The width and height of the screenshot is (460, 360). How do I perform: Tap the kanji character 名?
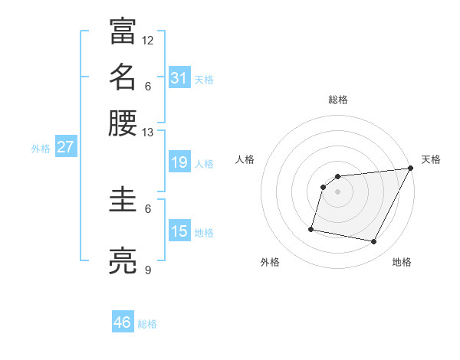[x=123, y=77]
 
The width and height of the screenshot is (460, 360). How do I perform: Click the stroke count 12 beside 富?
[x=148, y=40]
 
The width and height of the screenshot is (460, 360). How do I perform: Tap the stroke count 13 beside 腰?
[x=148, y=132]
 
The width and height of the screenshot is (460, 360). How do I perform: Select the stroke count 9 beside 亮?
[x=148, y=270]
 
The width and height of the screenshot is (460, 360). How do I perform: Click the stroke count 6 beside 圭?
[x=148, y=208]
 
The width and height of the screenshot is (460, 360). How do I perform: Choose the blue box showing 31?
[x=179, y=78]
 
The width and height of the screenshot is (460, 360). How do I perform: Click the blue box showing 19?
[x=179, y=162]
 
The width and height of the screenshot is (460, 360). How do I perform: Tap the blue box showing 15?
[x=179, y=231]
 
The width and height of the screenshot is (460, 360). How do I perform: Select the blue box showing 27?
[x=65, y=148]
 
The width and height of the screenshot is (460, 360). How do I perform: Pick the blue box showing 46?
[x=123, y=322]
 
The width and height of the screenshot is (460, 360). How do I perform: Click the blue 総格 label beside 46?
[x=147, y=324]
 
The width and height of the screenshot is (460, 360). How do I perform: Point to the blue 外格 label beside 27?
[x=41, y=149]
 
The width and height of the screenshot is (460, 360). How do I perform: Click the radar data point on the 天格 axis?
[x=411, y=169]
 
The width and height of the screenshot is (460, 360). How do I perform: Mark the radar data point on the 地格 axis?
[x=374, y=242]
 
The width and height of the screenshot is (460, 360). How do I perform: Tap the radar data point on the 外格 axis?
[x=311, y=228]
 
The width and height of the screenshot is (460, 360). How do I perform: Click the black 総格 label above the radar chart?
[x=338, y=100]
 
